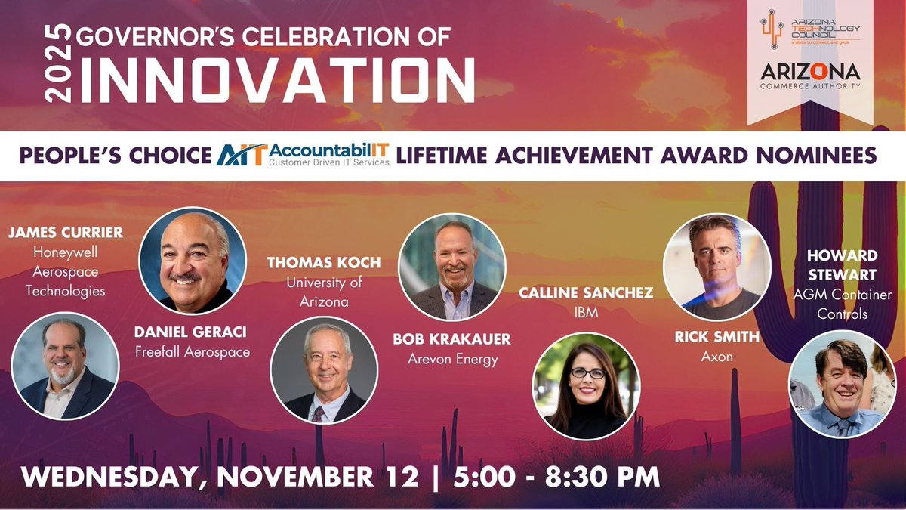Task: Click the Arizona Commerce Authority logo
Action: point(810,78)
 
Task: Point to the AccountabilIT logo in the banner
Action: point(304,155)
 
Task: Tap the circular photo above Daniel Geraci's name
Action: point(193,260)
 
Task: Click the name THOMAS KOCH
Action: point(324,263)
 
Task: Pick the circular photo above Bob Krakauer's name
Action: point(451,267)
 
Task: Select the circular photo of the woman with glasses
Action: point(586,385)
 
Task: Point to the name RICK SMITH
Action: point(716,337)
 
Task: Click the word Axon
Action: point(716,356)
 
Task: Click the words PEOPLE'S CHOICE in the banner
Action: point(115,156)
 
